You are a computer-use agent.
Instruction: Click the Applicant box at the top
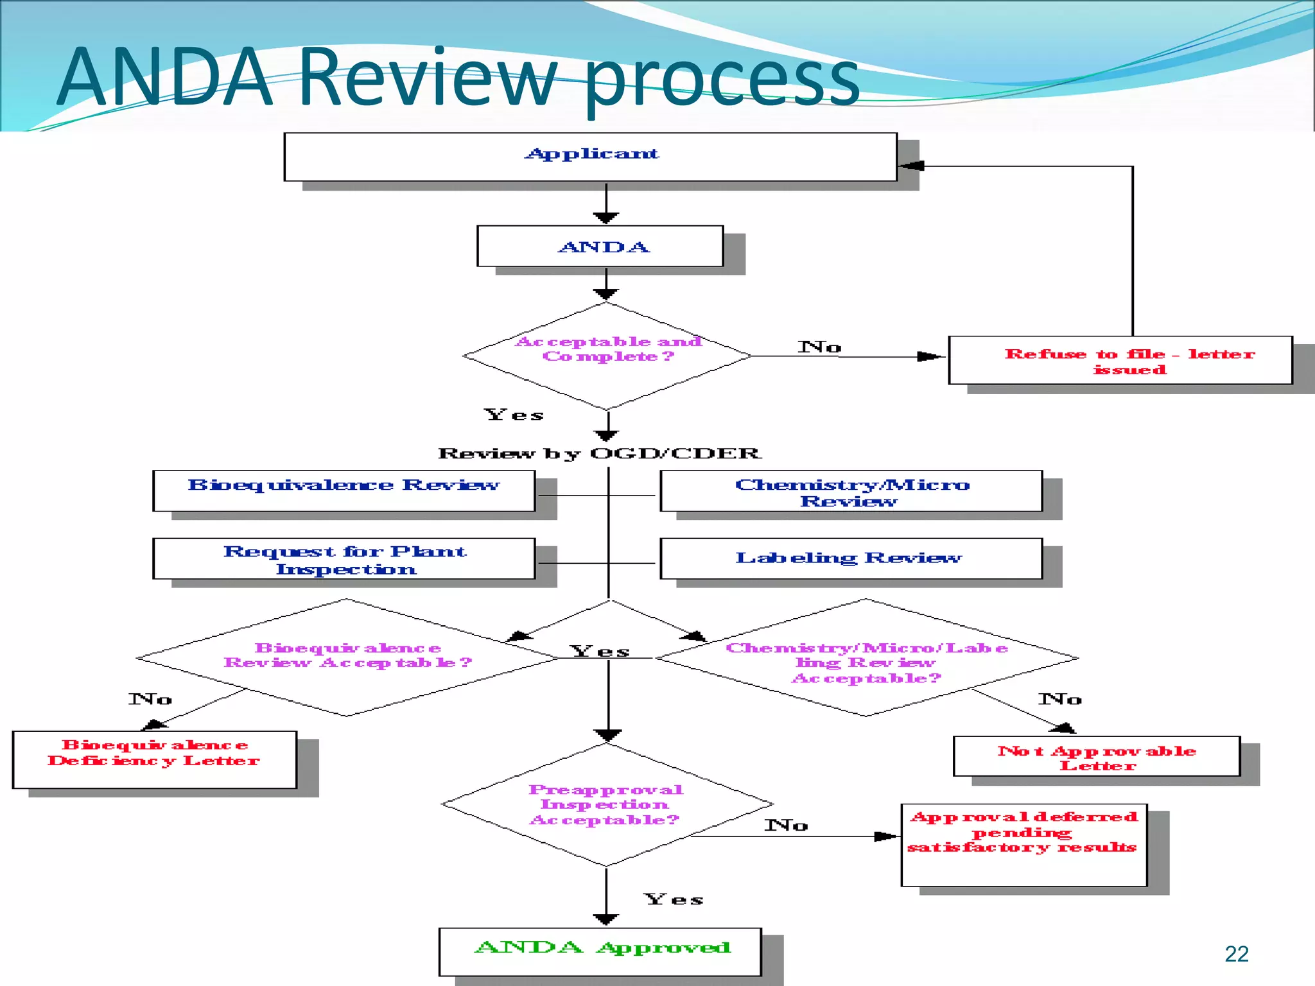pyautogui.click(x=590, y=157)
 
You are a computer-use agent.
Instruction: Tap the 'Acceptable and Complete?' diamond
pyautogui.click(x=607, y=355)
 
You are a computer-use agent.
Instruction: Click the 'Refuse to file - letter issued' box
pyautogui.click(x=1120, y=360)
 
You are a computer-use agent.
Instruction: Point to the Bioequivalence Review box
pyautogui.click(x=344, y=490)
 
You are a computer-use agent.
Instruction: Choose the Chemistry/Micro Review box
pyautogui.click(x=851, y=491)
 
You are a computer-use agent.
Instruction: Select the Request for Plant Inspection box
pyautogui.click(x=344, y=558)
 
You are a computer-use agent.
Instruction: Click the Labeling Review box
pyautogui.click(x=851, y=558)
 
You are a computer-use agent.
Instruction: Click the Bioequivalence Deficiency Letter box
pyautogui.click(x=154, y=759)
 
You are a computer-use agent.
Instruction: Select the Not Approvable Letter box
pyautogui.click(x=1097, y=756)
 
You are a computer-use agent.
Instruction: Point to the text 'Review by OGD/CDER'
pyautogui.click(x=599, y=453)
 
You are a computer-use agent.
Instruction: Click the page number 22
pyautogui.click(x=1236, y=954)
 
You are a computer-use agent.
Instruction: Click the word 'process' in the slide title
pyautogui.click(x=722, y=80)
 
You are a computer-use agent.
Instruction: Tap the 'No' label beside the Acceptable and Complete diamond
pyautogui.click(x=819, y=347)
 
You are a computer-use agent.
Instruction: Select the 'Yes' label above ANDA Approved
pyautogui.click(x=674, y=899)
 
